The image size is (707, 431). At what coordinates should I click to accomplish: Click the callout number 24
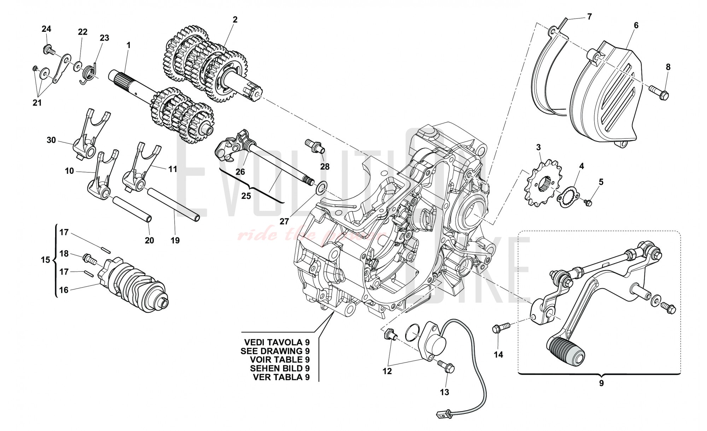tap(46, 29)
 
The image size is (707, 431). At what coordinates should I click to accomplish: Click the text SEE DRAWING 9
tap(275, 351)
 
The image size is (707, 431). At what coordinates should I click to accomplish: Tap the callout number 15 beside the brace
tap(46, 260)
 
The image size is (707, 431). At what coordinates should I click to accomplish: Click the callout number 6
tap(636, 25)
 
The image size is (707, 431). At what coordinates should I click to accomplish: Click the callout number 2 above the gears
tap(235, 20)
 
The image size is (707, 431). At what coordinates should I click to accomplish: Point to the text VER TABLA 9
tap(281, 377)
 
